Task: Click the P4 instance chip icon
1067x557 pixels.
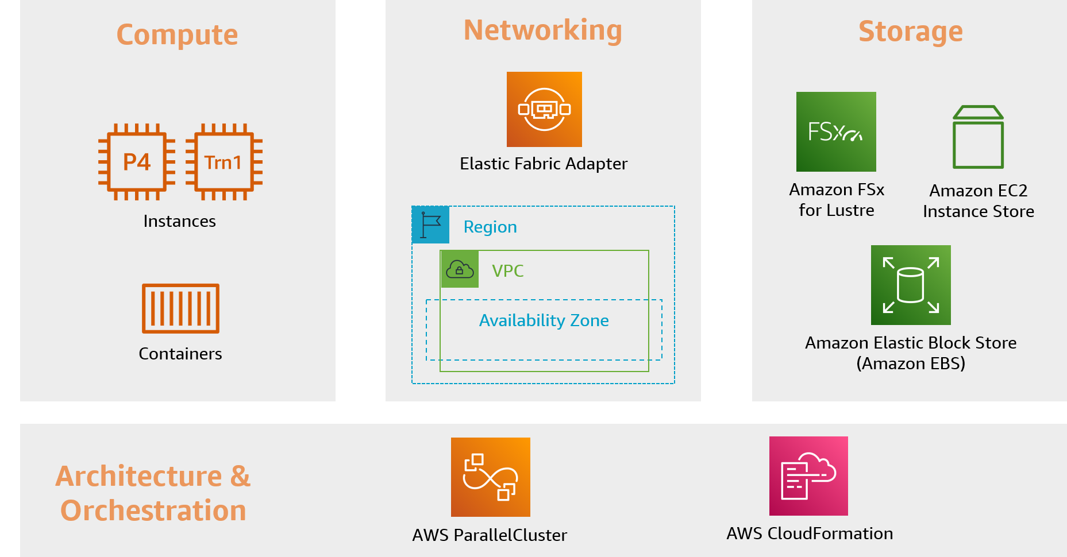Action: tap(137, 162)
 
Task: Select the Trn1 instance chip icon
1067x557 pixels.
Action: tap(224, 162)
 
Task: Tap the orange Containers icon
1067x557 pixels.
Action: tap(180, 308)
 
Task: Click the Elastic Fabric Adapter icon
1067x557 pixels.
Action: tap(544, 109)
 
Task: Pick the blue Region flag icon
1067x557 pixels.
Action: tap(430, 225)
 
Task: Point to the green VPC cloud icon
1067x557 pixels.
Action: tap(459, 269)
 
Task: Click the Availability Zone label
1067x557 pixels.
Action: tap(544, 320)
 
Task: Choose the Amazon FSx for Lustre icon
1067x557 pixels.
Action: tap(836, 131)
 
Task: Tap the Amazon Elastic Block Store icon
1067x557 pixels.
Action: tap(911, 285)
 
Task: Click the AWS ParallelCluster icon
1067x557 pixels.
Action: tap(491, 477)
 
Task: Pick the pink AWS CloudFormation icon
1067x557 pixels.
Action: tap(808, 476)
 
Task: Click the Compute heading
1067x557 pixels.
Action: tap(177, 34)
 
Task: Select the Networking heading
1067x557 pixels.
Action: tap(542, 30)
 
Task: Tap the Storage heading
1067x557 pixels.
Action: tap(910, 32)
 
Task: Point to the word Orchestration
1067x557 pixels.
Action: tap(153, 510)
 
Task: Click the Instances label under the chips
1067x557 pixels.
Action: tap(179, 222)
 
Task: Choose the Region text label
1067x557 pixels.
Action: tap(490, 227)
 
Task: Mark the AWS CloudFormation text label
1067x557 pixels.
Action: tap(809, 533)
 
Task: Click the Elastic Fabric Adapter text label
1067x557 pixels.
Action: tap(544, 164)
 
